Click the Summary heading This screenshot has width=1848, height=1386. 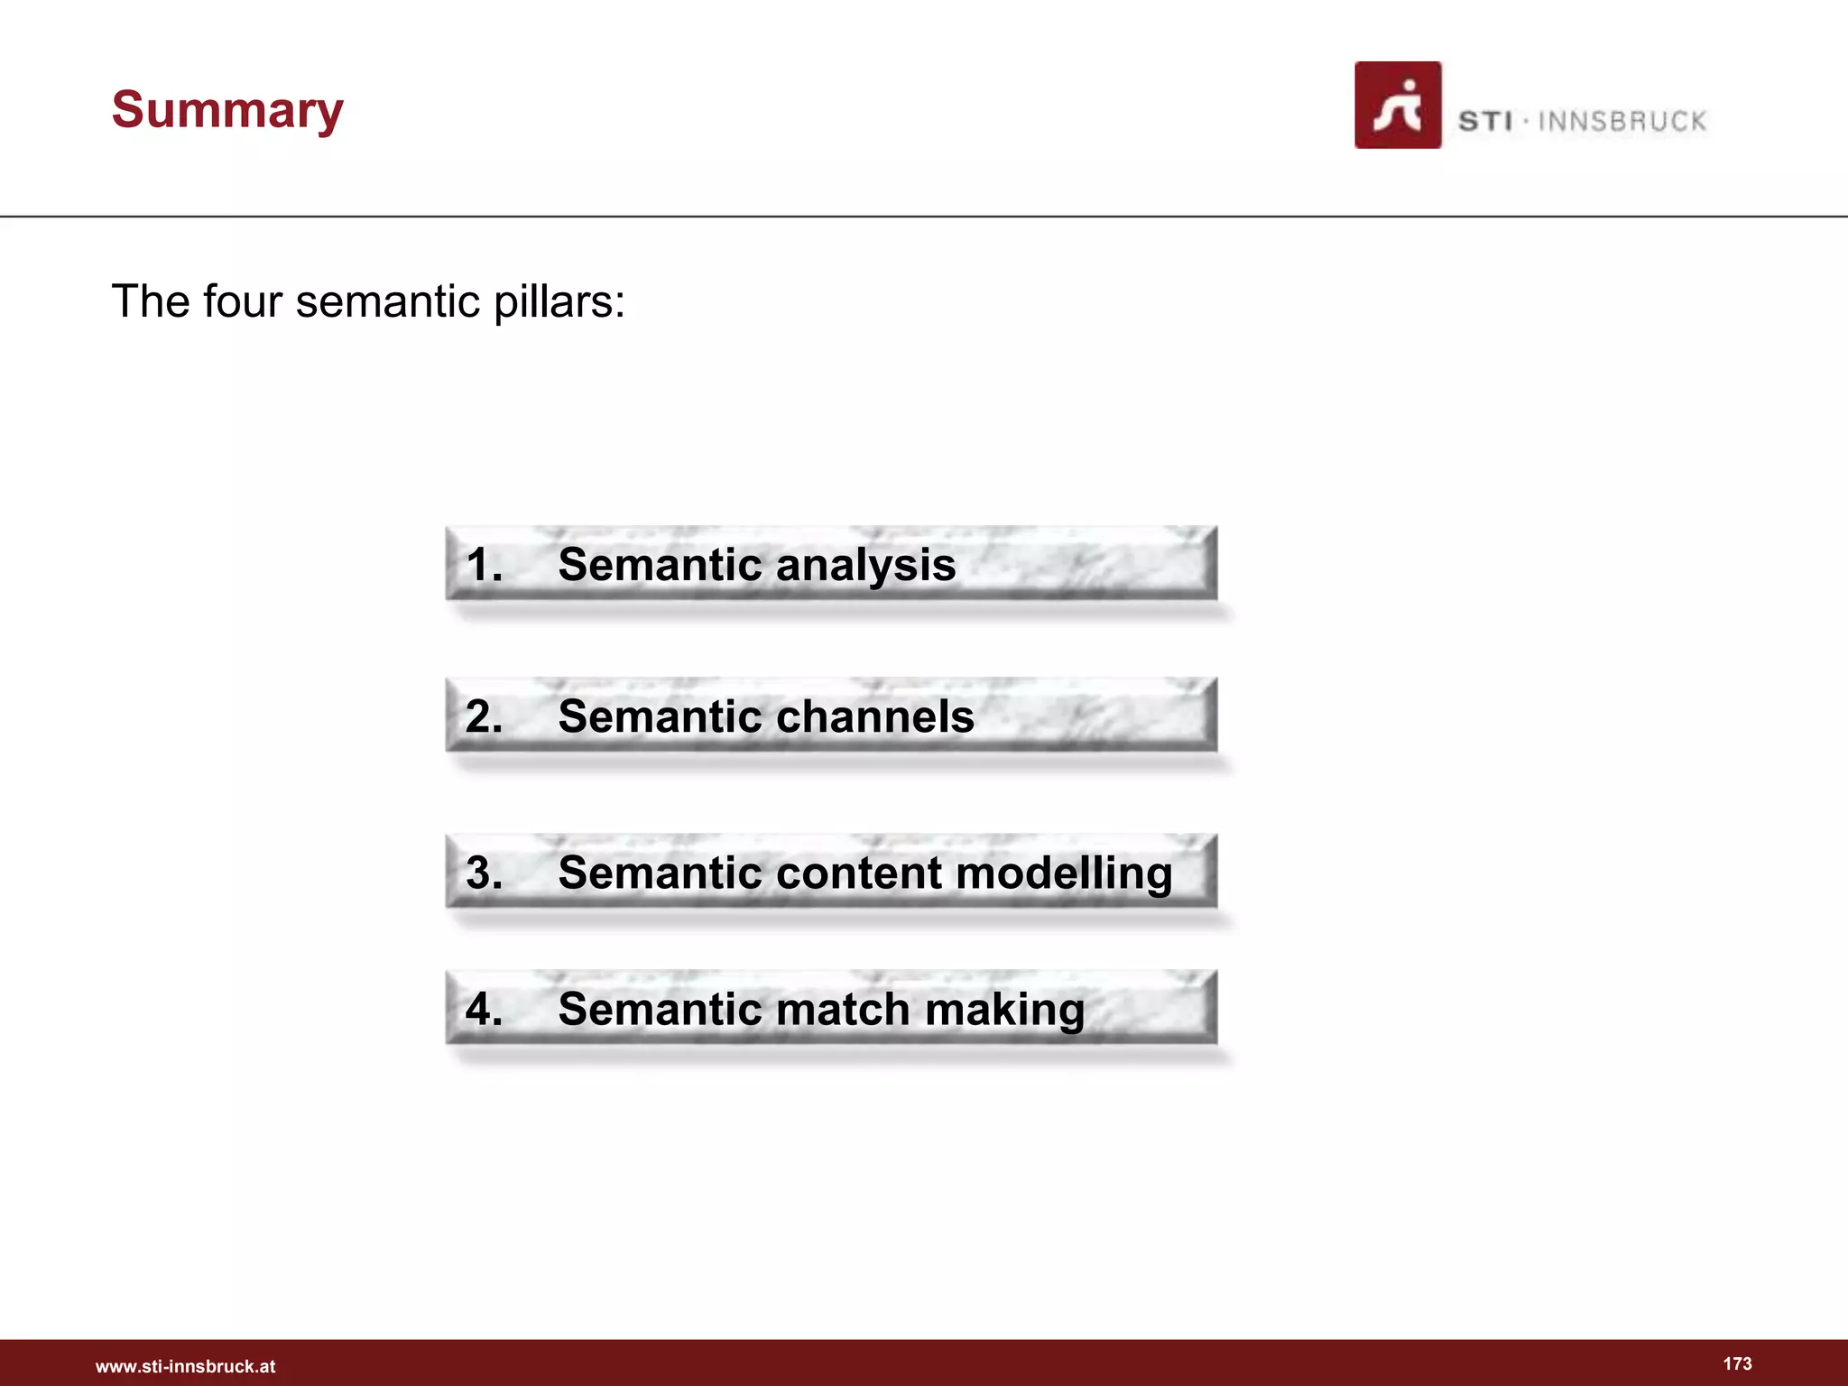pyautogui.click(x=227, y=110)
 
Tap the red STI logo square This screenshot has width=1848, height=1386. pyautogui.click(x=1397, y=105)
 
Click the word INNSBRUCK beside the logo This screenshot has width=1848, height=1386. pyautogui.click(x=1622, y=121)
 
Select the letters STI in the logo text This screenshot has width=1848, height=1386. pyautogui.click(x=1484, y=121)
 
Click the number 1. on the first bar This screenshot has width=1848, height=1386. pyautogui.click(x=484, y=566)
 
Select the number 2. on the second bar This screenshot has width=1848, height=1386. pyautogui.click(x=484, y=717)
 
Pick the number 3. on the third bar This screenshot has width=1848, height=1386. pyautogui.click(x=484, y=873)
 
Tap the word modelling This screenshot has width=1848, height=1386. pyautogui.click(x=1064, y=873)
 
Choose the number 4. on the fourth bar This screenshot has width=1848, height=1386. pyautogui.click(x=484, y=1009)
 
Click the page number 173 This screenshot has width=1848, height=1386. pyautogui.click(x=1737, y=1363)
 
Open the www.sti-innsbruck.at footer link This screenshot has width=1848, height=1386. pyautogui.click(x=185, y=1366)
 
